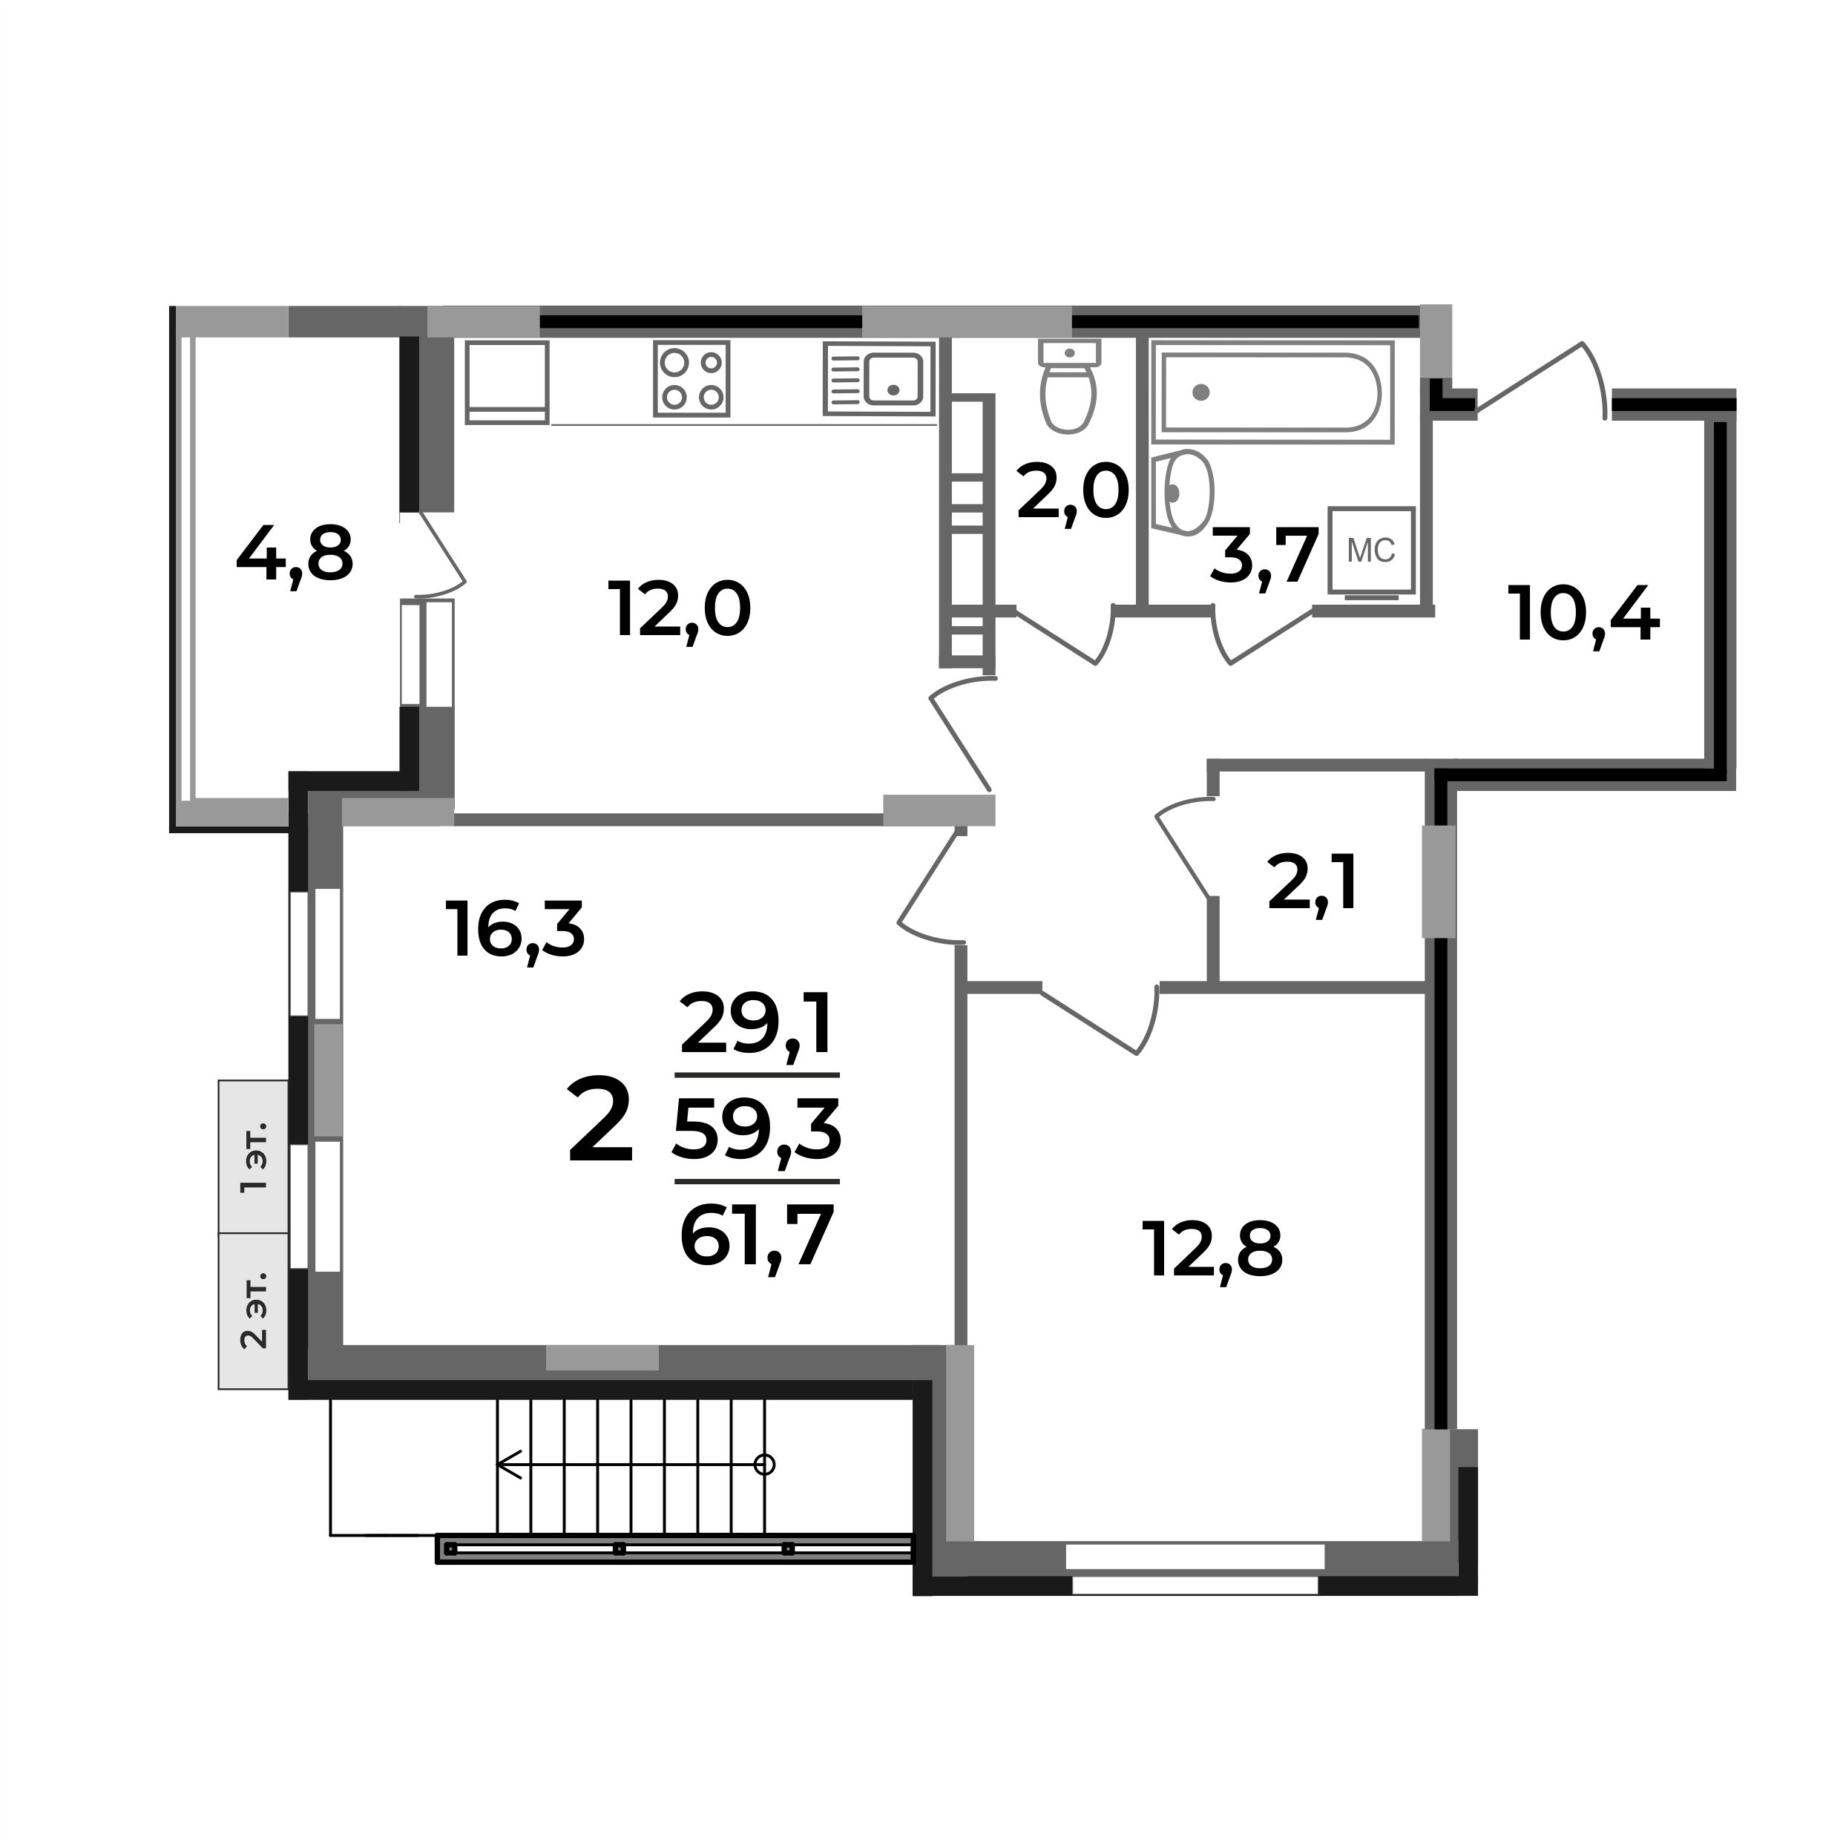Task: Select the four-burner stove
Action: click(x=691, y=378)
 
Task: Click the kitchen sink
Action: click(x=878, y=378)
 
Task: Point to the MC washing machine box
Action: click(x=1372, y=551)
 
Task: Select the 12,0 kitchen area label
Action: click(x=679, y=611)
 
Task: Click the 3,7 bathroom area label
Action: click(x=1264, y=556)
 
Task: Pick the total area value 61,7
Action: click(x=758, y=1236)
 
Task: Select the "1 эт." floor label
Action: click(x=254, y=1156)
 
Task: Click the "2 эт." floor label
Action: click(x=254, y=1310)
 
